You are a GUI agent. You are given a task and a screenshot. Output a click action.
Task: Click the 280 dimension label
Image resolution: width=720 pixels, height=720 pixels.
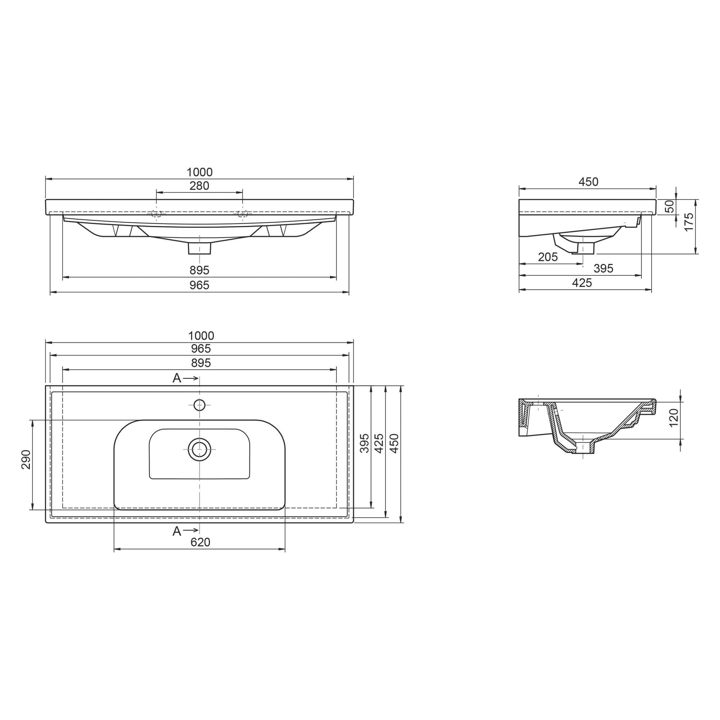click(x=199, y=186)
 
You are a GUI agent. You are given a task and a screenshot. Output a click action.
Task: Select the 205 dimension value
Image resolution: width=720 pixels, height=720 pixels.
click(x=548, y=257)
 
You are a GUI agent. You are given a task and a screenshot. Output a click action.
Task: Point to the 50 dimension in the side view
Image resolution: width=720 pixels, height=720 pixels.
click(x=670, y=206)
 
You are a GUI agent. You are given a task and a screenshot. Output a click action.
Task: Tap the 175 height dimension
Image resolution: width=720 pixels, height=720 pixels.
click(x=689, y=222)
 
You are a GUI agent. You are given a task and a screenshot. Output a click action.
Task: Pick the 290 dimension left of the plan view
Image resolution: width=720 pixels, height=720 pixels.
click(x=26, y=459)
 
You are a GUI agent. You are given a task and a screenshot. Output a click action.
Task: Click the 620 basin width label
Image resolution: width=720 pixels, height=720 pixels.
click(x=201, y=542)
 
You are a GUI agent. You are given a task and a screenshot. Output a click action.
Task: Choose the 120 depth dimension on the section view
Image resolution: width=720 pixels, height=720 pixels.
click(x=674, y=418)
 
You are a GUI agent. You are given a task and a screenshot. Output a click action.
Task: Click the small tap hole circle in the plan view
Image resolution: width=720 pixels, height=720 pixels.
click(x=200, y=405)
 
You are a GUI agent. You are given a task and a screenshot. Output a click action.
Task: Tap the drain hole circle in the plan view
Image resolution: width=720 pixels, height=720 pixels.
click(x=200, y=449)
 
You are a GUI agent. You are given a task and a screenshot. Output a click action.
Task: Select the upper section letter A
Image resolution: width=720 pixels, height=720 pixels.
click(x=177, y=378)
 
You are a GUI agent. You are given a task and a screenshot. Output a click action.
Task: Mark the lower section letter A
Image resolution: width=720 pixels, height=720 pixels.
click(x=177, y=531)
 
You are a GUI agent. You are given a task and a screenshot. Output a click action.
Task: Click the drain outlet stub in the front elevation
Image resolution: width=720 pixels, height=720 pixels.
click(x=200, y=248)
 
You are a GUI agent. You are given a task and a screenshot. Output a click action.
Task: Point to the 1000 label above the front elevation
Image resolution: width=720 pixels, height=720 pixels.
click(x=199, y=172)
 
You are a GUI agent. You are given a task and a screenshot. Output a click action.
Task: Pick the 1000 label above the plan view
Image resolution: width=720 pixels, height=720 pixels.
click(x=201, y=336)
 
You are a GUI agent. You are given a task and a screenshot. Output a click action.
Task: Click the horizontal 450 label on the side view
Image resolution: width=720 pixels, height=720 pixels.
click(x=589, y=182)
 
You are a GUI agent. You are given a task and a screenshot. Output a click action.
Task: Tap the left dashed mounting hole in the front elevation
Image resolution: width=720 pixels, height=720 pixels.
click(x=157, y=214)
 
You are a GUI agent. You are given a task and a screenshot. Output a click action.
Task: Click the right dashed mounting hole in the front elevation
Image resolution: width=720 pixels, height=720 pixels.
click(x=243, y=214)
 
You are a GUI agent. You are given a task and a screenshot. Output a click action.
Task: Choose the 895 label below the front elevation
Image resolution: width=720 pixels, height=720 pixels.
click(x=199, y=270)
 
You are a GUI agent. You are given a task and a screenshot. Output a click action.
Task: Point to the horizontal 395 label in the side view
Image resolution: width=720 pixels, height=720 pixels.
click(x=603, y=268)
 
